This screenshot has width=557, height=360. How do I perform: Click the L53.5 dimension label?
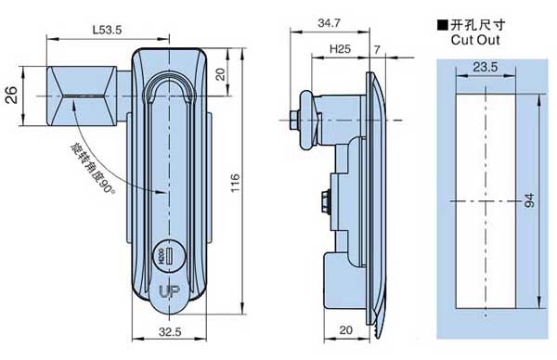tap(107, 30)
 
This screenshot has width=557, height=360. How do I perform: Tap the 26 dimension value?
tap(12, 95)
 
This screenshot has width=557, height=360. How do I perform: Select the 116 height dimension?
tap(235, 183)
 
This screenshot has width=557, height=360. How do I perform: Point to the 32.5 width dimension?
tap(170, 332)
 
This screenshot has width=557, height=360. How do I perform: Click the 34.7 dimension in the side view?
tap(329, 23)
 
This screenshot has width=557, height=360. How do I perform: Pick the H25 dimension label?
tap(340, 49)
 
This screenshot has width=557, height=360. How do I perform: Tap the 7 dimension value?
tap(377, 49)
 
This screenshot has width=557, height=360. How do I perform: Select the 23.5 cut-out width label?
tap(486, 67)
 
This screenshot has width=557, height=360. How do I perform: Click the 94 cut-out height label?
tap(529, 200)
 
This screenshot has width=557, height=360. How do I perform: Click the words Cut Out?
tap(475, 40)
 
